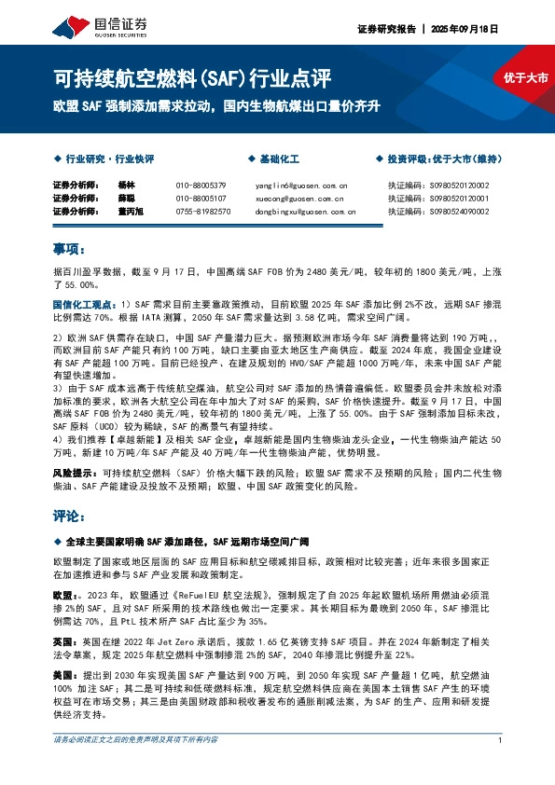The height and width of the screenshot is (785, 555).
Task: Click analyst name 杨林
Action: point(127,186)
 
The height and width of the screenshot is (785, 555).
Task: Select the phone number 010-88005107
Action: point(201,199)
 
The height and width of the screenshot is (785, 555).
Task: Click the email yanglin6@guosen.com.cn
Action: point(300,186)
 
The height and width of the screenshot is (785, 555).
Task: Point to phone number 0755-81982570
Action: point(203,212)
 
